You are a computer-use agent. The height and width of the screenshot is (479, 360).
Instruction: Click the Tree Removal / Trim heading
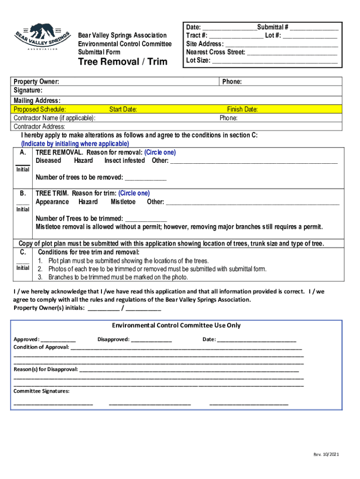tap(122, 62)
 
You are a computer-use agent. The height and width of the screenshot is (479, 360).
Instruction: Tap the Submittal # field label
tap(272, 27)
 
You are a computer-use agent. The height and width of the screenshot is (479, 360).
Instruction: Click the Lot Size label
tap(198, 60)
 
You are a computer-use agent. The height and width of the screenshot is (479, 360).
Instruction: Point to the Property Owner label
tap(36, 82)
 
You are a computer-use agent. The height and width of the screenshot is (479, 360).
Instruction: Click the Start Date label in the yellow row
tap(123, 109)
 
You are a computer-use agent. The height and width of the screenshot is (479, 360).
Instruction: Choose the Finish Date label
tap(242, 109)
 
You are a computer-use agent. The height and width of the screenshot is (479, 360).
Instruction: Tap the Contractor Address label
tap(39, 126)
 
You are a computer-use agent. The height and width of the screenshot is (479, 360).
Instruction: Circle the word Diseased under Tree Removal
tap(48, 160)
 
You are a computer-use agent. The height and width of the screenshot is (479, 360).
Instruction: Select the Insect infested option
tap(124, 160)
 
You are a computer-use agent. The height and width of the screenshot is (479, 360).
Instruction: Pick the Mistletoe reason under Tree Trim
tap(123, 202)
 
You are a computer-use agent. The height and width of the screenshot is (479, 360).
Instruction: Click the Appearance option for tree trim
tap(52, 202)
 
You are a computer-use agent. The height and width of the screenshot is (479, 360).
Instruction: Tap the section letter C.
tap(22, 252)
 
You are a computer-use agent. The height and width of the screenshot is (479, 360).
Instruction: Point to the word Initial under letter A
tap(22, 169)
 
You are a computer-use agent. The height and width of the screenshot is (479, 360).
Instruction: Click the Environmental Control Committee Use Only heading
tap(176, 325)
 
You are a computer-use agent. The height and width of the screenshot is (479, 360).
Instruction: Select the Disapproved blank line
tap(151, 339)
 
